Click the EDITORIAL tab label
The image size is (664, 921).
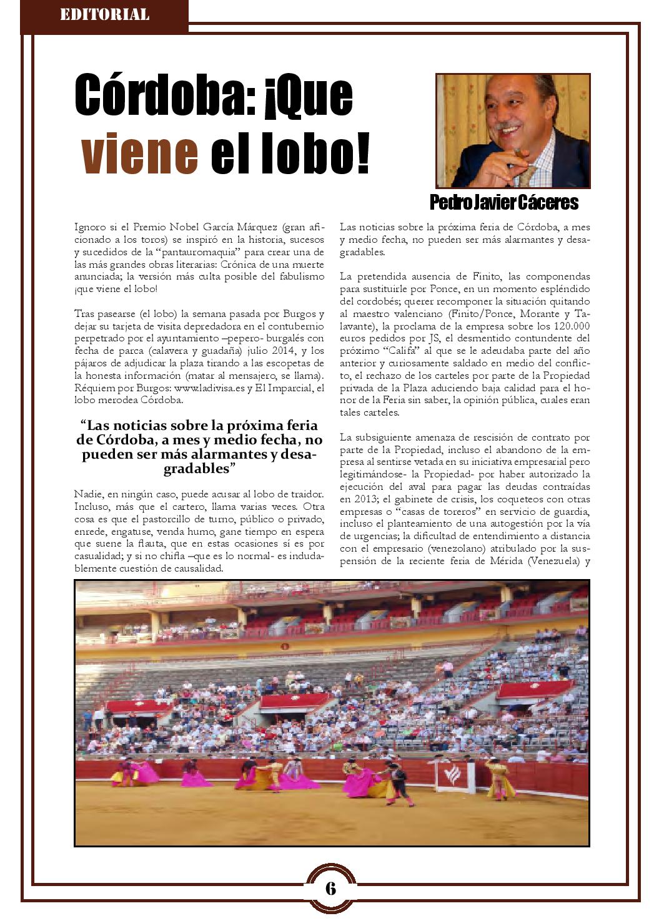point(104,14)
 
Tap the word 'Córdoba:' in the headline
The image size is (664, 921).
point(164,95)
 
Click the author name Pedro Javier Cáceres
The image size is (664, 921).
point(503,202)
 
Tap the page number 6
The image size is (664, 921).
point(330,888)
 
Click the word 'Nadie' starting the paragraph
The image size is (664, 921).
point(86,494)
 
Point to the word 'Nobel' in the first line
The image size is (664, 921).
point(184,227)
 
